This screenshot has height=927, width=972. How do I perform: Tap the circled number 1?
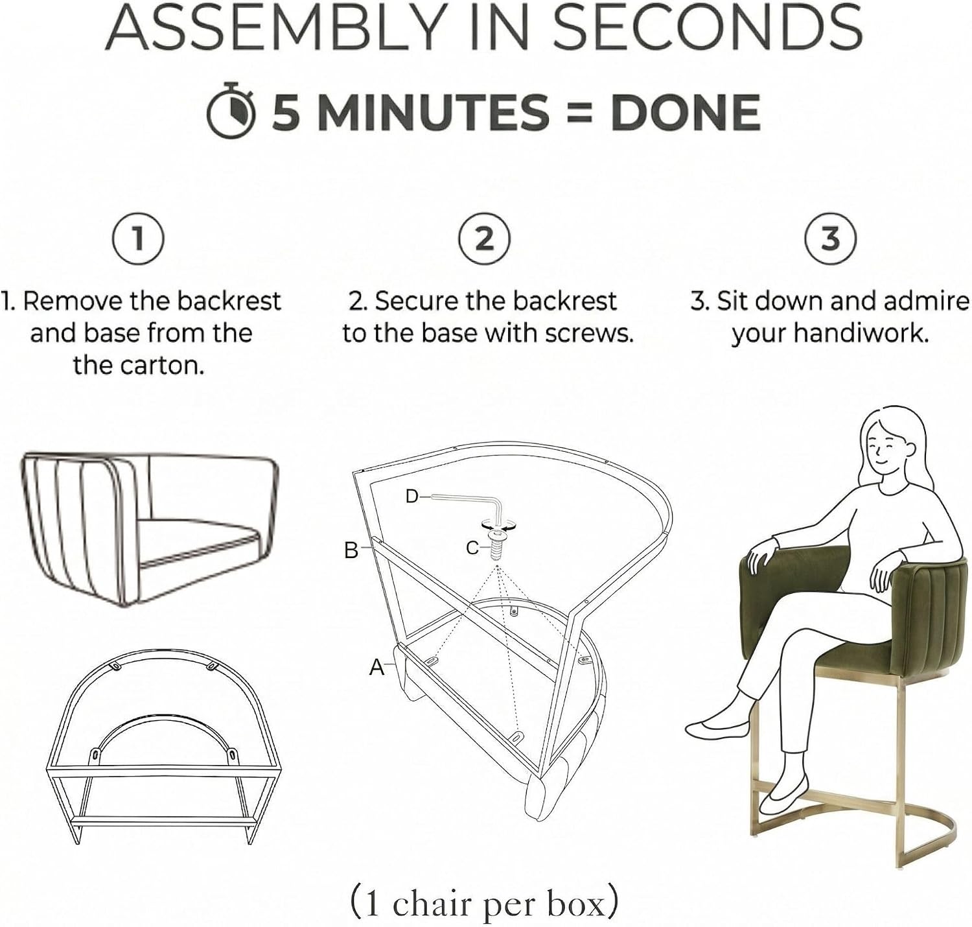pyautogui.click(x=138, y=239)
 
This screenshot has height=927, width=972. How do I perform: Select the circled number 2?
pyautogui.click(x=485, y=239)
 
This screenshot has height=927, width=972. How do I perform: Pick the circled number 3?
pyautogui.click(x=831, y=239)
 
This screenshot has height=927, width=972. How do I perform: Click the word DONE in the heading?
pyautogui.click(x=686, y=112)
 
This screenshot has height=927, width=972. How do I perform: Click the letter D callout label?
pyautogui.click(x=411, y=496)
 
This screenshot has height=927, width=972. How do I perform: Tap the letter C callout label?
pyautogui.click(x=472, y=548)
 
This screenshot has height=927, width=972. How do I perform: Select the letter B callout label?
pyautogui.click(x=351, y=550)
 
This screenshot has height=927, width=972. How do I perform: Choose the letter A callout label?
pyautogui.click(x=376, y=668)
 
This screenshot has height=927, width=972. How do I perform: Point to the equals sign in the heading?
pyautogui.click(x=579, y=113)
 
